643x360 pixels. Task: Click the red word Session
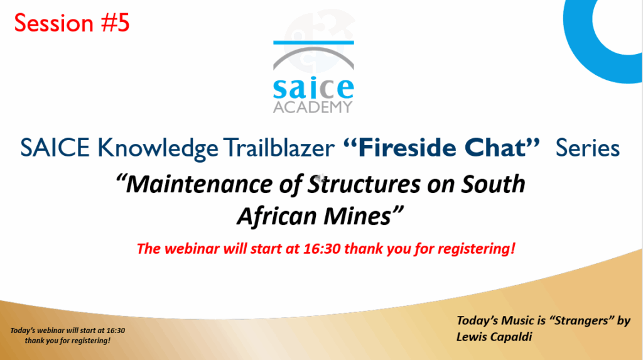[x=54, y=23]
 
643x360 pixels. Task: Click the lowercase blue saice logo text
[x=313, y=87]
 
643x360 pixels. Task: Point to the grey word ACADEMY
[x=313, y=107]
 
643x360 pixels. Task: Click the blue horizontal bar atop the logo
[x=313, y=42]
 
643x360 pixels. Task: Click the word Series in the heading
[x=588, y=148]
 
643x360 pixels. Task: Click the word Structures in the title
[x=364, y=183]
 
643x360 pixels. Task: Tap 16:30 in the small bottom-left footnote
[x=116, y=330]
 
